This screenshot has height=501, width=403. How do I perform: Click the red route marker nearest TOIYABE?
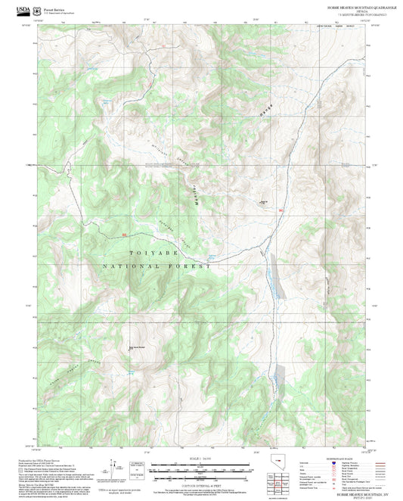(125, 235)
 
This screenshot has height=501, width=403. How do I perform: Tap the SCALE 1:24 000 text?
(201, 457)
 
